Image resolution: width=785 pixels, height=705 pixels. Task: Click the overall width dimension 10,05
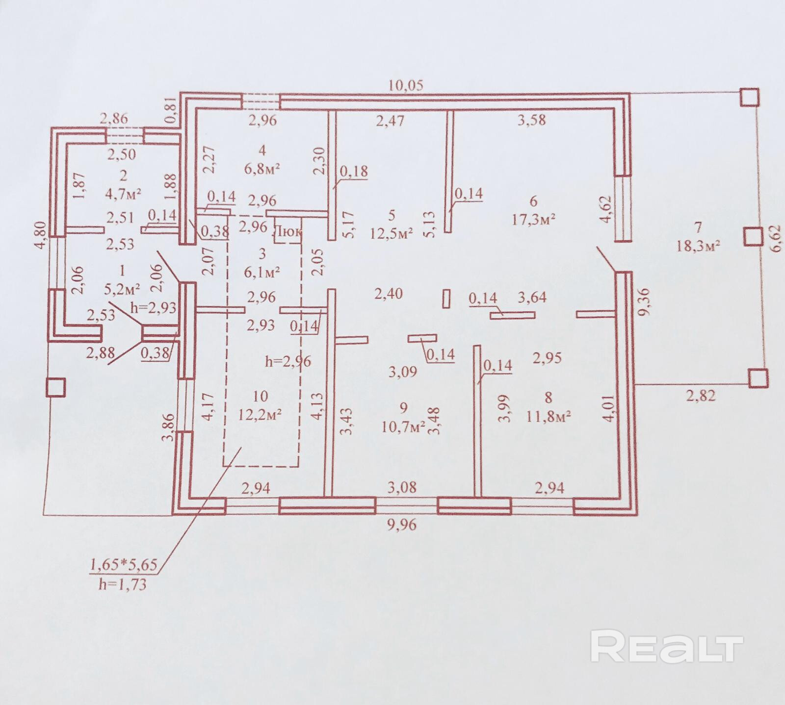coord(405,85)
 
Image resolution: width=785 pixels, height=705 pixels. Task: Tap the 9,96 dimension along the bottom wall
coord(401,525)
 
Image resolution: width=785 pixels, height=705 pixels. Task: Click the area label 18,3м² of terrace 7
coord(698,245)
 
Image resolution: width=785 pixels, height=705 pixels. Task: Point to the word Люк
coord(287,232)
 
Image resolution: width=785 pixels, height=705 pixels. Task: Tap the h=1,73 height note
coord(122,584)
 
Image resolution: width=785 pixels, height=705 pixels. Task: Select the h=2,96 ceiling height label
coord(288,361)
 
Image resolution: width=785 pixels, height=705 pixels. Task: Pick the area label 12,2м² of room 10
coord(260,415)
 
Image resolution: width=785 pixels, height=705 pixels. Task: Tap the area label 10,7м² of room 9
coord(403,427)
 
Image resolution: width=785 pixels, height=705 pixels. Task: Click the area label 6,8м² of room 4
coord(262,168)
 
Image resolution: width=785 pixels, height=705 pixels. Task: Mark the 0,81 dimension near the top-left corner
coord(170,111)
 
